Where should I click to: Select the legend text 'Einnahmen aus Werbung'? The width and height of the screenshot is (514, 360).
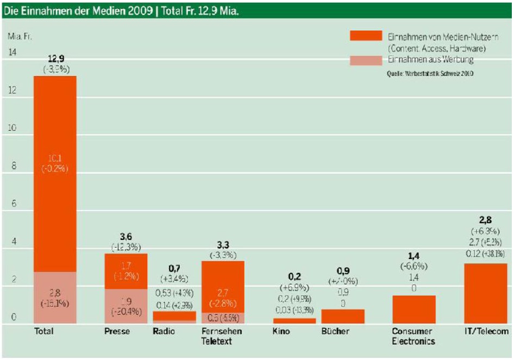(430, 60)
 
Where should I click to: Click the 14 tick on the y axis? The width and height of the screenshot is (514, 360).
(12, 52)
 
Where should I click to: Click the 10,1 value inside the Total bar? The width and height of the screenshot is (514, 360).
(55, 158)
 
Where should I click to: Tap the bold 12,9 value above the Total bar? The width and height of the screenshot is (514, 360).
(55, 58)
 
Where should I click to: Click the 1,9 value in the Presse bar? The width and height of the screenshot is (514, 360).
(126, 301)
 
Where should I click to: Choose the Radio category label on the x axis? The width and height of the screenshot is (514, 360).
(164, 331)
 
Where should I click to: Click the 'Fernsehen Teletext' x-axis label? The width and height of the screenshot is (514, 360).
(222, 336)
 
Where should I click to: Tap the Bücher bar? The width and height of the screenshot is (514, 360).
(343, 317)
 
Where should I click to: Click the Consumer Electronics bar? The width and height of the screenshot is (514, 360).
(413, 310)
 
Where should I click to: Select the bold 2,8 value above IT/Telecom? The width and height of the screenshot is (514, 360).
(486, 220)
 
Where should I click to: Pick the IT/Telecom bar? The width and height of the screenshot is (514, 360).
(486, 293)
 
